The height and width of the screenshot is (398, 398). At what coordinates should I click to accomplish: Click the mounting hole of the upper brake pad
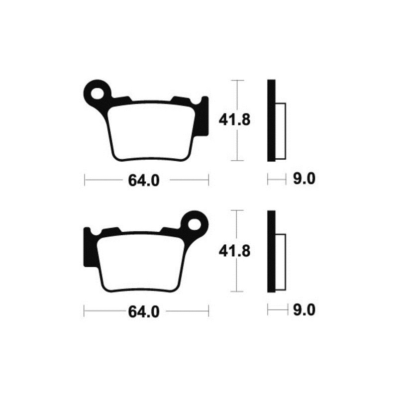(96, 92)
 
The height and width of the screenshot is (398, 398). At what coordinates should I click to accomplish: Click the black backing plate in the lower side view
(271, 251)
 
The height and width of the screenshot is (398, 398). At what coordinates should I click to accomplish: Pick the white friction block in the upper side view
(281, 131)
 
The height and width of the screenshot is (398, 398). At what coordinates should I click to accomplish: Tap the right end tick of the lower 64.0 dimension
(208, 311)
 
